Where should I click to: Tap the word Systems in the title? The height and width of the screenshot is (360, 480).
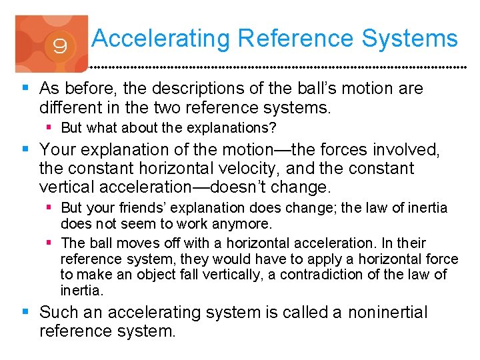[410, 39]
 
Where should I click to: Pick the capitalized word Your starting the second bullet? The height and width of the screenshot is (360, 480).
[58, 150]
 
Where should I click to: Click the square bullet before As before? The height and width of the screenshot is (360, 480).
[26, 88]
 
